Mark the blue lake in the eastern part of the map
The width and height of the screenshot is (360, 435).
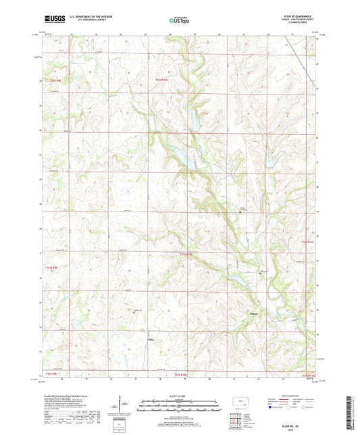(x=269, y=159)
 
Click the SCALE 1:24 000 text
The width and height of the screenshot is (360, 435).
(x=180, y=395)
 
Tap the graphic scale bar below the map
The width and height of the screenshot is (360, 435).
(x=180, y=407)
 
